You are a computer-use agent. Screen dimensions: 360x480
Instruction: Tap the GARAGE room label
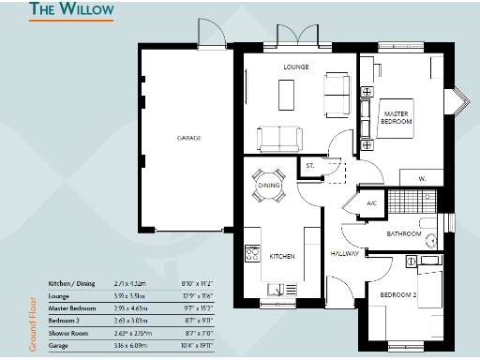point(189,138)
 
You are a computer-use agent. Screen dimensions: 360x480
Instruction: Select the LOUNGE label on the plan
point(297,68)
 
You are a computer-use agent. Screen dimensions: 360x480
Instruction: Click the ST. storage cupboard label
point(309,167)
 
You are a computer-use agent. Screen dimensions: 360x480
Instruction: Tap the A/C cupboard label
point(371,203)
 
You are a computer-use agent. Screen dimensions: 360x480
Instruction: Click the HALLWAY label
point(345,253)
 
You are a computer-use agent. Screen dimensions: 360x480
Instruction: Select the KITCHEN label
point(283,255)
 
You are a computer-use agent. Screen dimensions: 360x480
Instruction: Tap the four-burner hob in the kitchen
point(252,253)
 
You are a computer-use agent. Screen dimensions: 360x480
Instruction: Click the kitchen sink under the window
point(277,289)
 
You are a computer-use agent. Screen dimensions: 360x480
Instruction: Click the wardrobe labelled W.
point(422,178)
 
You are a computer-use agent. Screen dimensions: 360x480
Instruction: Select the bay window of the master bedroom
point(460,99)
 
